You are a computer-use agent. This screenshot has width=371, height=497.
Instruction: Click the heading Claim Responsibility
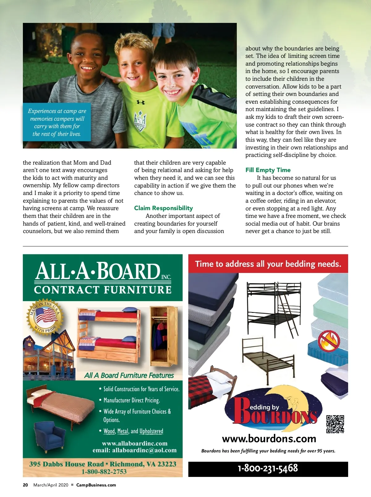click(163, 208)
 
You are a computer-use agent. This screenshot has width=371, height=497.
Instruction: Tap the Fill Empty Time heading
click(268, 170)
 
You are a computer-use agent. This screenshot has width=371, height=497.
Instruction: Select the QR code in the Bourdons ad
click(335, 424)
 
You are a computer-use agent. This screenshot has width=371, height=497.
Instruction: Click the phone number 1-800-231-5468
click(268, 468)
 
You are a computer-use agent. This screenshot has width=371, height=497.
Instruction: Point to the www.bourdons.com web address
click(269, 439)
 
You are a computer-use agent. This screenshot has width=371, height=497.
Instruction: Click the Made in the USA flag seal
click(45, 317)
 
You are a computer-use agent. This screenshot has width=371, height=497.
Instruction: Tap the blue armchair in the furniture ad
click(49, 436)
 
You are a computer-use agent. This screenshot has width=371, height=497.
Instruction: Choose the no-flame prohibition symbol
click(329, 340)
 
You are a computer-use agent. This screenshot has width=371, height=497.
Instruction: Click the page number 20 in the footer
click(25, 485)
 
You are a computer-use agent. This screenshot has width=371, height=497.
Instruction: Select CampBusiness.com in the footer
click(96, 485)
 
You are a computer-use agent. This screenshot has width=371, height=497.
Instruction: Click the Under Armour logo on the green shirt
click(141, 102)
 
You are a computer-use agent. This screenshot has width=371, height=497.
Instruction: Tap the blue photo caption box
click(57, 122)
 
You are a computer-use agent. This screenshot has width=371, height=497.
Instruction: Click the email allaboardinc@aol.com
click(134, 450)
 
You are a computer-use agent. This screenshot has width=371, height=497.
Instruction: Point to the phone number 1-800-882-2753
click(104, 472)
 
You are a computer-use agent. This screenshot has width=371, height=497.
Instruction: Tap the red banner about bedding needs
click(268, 264)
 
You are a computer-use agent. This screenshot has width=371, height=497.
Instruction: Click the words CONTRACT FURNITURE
click(103, 290)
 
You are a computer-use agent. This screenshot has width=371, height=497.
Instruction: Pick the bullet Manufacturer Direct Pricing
click(131, 400)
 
